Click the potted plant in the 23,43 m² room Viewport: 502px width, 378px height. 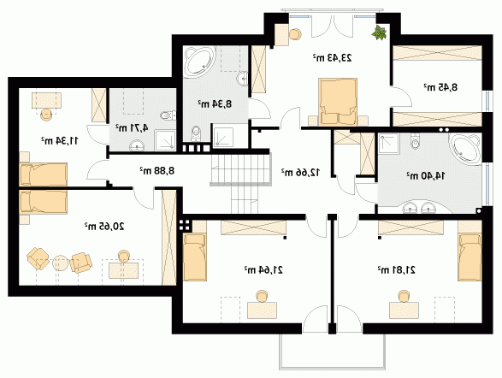click(380, 32)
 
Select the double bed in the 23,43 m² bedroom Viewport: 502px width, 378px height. click(338, 102)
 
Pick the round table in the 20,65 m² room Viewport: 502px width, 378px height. click(60, 263)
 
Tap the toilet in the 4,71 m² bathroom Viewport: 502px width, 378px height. click(168, 115)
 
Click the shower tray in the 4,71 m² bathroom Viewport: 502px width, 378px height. click(165, 140)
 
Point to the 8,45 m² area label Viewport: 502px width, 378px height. click(440, 87)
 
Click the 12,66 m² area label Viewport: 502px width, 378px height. click(300, 172)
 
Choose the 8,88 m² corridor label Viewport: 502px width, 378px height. click(157, 170)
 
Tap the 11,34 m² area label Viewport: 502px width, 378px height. click(59, 140)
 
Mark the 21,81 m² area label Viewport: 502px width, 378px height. click(396, 270)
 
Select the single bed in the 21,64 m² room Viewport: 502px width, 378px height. click(195, 257)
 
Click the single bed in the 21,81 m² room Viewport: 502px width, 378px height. click(470, 257)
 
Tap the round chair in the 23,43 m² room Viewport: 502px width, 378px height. click(295, 34)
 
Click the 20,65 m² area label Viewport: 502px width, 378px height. click(104, 227)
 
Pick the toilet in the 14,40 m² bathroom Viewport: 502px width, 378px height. click(415, 141)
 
